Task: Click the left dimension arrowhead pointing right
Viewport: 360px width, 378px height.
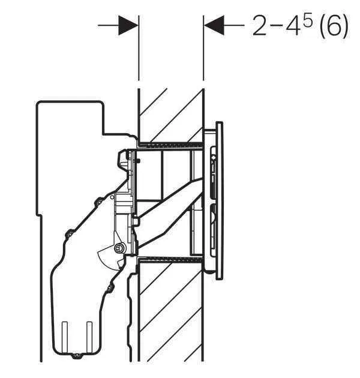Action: [x=128, y=25]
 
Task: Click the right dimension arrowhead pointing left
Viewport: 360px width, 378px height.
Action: [x=214, y=25]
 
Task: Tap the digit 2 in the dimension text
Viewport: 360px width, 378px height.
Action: [x=260, y=26]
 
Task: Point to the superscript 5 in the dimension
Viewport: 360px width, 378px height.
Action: [x=307, y=19]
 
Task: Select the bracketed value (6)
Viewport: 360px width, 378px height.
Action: [x=334, y=26]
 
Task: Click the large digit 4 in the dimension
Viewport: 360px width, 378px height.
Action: [x=293, y=26]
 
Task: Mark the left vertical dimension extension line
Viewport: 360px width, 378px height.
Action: [x=139, y=48]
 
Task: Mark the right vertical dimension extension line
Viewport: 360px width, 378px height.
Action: [x=204, y=48]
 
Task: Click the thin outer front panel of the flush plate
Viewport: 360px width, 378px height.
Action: [x=219, y=200]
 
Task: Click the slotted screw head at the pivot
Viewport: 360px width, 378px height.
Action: [x=119, y=248]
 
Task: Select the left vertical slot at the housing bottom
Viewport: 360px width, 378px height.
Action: [x=65, y=337]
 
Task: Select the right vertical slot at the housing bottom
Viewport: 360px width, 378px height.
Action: [x=89, y=337]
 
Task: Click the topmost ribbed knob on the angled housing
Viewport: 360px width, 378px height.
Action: [x=99, y=200]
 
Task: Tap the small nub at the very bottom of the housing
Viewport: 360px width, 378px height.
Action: [x=77, y=355]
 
